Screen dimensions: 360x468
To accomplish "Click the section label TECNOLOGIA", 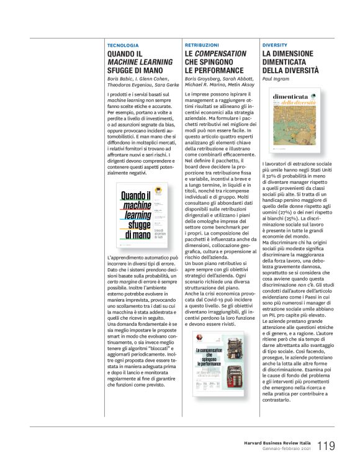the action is coord(122,46).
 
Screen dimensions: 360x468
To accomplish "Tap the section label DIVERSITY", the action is coord(274,46).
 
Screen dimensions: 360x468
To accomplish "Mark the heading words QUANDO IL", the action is coord(125,55).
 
